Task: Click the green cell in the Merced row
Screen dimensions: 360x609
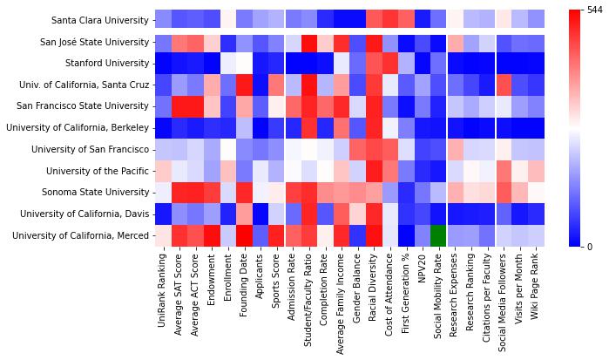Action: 437,235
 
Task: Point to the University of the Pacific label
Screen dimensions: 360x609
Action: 95,171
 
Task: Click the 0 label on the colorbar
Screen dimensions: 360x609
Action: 591,248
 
